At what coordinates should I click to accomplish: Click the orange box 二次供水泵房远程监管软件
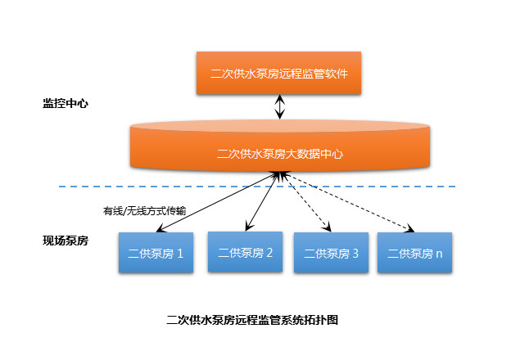pos(279,72)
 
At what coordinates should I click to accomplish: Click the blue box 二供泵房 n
pos(415,254)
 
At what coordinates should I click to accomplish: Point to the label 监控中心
pos(65,104)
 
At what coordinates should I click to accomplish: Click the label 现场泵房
pos(65,241)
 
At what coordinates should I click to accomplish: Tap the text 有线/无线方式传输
pos(143,209)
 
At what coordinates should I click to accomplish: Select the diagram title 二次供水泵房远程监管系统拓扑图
pos(251,319)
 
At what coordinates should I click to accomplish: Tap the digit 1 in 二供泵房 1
pos(179,254)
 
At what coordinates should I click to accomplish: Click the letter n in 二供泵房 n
pos(439,254)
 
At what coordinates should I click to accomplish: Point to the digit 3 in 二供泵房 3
pos(355,254)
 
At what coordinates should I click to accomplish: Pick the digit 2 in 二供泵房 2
pos(269,252)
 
